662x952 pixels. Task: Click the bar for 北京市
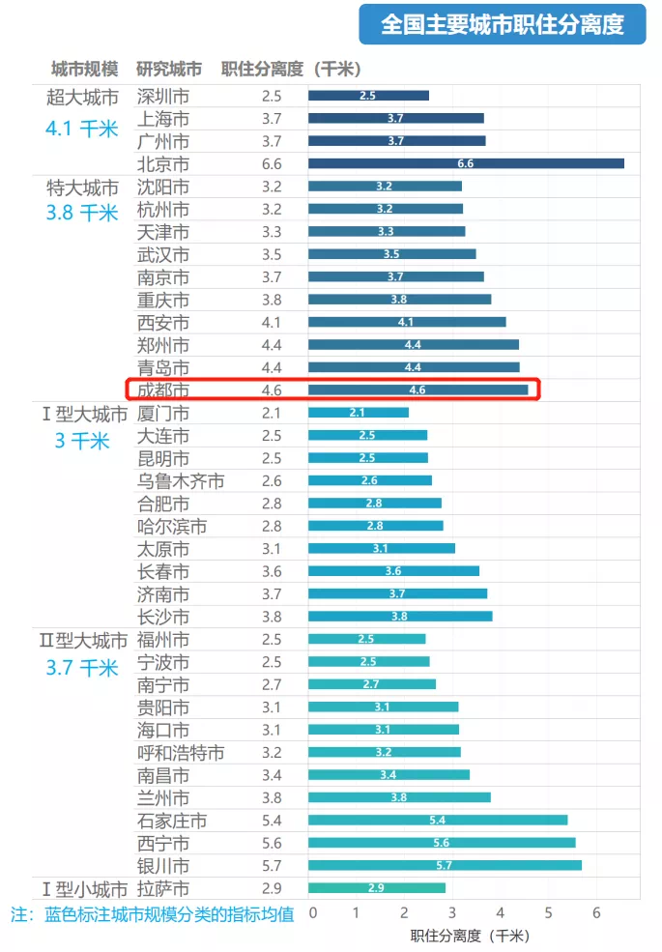pyautogui.click(x=466, y=163)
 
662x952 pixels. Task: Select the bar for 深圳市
pyautogui.click(x=368, y=96)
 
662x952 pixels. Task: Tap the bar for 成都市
pyautogui.click(x=417, y=389)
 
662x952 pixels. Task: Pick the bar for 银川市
pyautogui.click(x=445, y=865)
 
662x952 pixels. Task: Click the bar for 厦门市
pyautogui.click(x=358, y=413)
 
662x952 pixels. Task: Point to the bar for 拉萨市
pyautogui.click(x=377, y=887)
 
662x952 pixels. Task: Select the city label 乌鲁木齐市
pyautogui.click(x=181, y=480)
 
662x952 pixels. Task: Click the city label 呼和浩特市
pyautogui.click(x=181, y=752)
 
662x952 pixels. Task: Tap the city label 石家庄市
pyautogui.click(x=172, y=821)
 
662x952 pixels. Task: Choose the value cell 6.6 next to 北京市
pyautogui.click(x=272, y=163)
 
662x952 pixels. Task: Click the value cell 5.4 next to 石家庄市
pyautogui.click(x=272, y=821)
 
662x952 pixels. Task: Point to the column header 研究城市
pyautogui.click(x=169, y=70)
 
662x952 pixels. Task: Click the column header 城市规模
pyautogui.click(x=84, y=70)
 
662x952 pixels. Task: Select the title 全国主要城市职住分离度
pyautogui.click(x=502, y=24)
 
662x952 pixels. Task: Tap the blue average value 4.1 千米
pyautogui.click(x=81, y=128)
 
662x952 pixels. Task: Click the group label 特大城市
pyautogui.click(x=82, y=187)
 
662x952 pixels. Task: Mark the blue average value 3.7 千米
pyautogui.click(x=81, y=667)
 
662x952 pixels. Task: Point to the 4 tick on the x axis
pyautogui.click(x=502, y=912)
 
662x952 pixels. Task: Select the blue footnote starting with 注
pyautogui.click(x=152, y=914)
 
